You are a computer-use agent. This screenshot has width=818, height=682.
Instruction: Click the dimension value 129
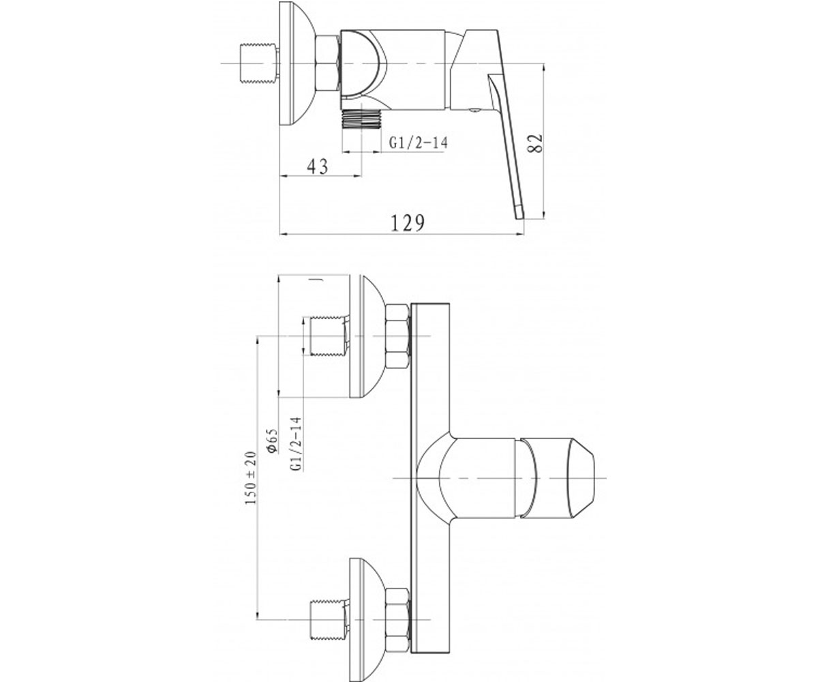(408, 224)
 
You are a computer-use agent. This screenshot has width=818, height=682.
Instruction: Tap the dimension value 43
(318, 166)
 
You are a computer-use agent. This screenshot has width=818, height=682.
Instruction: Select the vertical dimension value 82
(536, 143)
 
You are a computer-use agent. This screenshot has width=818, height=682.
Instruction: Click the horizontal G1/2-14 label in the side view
(418, 143)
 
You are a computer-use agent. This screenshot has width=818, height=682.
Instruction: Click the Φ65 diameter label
(272, 441)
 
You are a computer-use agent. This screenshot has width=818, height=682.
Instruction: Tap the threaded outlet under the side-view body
(361, 119)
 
